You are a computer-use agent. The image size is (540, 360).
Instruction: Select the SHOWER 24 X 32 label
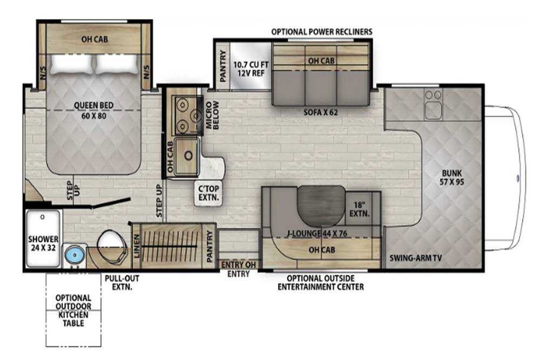[x=43, y=243]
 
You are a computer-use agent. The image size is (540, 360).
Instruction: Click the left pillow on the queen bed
[x=72, y=64]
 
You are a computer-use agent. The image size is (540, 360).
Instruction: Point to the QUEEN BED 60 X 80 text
[x=93, y=111]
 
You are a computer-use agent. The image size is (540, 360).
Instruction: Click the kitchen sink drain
[x=188, y=155]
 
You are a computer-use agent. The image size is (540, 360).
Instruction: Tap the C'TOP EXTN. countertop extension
[x=208, y=193]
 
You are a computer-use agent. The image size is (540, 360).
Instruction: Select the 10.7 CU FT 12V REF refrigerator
[x=251, y=65]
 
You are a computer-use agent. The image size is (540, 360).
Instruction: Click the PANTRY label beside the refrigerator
[x=223, y=66]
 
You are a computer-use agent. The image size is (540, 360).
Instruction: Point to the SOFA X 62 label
[x=321, y=112]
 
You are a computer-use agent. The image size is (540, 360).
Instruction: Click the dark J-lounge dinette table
[x=321, y=206]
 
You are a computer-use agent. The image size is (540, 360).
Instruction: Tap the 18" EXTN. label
[x=359, y=209]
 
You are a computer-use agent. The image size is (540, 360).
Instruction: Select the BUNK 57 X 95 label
[x=451, y=177]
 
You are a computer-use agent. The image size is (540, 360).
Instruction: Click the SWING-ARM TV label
[x=416, y=258]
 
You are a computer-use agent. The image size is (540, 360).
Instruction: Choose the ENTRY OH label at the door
[x=238, y=264]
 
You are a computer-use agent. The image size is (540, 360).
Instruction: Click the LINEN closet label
[x=137, y=246]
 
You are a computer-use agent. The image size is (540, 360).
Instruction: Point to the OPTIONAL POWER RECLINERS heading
[x=322, y=32]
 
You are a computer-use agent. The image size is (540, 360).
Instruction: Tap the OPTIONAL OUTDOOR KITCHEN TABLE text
[x=73, y=310]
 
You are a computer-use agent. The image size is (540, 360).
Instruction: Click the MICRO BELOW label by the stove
[x=212, y=115]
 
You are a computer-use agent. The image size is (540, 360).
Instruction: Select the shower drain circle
[x=42, y=217]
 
